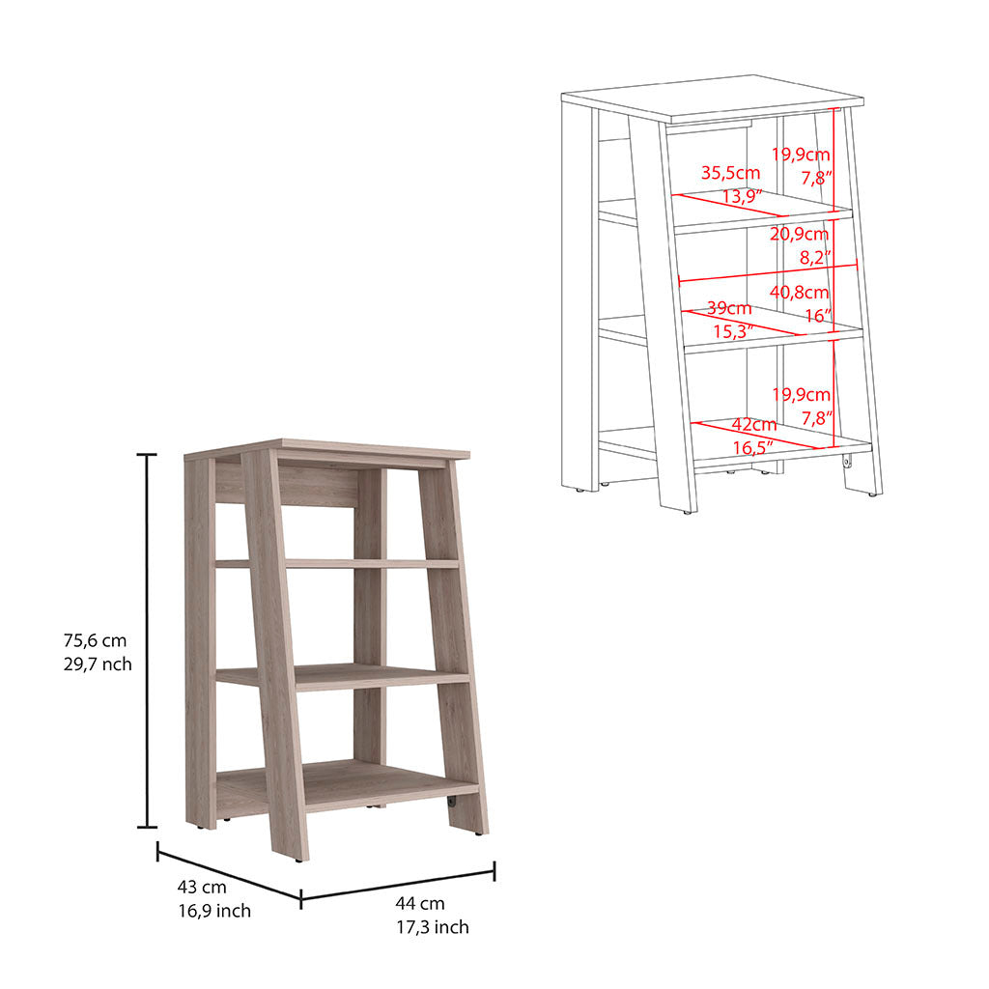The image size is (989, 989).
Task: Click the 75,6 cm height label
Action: pyautogui.click(x=95, y=640)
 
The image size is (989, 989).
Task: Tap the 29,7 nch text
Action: pyautogui.click(x=98, y=664)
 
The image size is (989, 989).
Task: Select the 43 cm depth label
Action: pyautogui.click(x=202, y=887)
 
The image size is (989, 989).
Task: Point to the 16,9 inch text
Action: pyautogui.click(x=214, y=911)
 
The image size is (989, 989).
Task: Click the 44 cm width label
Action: pyautogui.click(x=420, y=903)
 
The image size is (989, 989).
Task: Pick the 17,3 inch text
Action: pyautogui.click(x=433, y=927)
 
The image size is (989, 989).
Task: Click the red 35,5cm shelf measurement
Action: pyautogui.click(x=730, y=172)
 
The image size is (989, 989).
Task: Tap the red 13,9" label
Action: pyautogui.click(x=742, y=196)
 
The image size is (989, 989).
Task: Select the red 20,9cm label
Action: pyautogui.click(x=799, y=234)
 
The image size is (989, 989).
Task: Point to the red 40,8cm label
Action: pyautogui.click(x=799, y=292)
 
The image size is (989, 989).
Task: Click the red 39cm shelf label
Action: pyautogui.click(x=729, y=308)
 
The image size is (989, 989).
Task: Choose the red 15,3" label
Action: pyautogui.click(x=733, y=331)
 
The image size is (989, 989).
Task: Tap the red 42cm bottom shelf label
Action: pyautogui.click(x=753, y=425)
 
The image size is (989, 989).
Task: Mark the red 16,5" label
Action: pyautogui.click(x=752, y=448)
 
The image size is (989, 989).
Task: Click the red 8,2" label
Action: pyautogui.click(x=815, y=257)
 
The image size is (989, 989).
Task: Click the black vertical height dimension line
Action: pyautogui.click(x=148, y=640)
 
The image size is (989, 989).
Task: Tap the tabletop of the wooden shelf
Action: pyautogui.click(x=326, y=449)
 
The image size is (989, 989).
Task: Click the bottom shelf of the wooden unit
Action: pyautogui.click(x=348, y=784)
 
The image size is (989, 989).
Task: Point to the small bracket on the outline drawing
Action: pyautogui.click(x=847, y=463)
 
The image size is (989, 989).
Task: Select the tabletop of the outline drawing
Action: pyautogui.click(x=713, y=99)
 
